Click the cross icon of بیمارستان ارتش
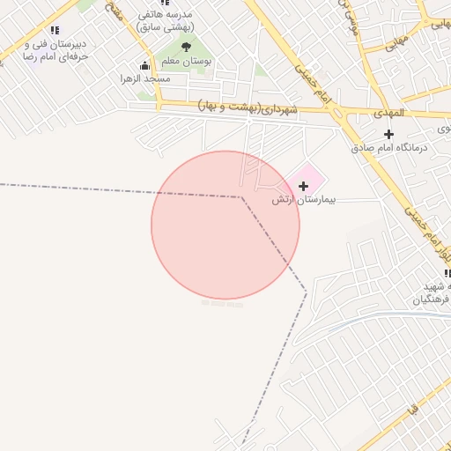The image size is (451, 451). point(304,186)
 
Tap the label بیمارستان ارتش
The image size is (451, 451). point(294,200)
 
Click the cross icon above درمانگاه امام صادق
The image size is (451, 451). point(388,134)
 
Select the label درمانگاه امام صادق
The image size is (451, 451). point(396,147)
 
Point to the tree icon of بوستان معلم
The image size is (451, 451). point(186,46)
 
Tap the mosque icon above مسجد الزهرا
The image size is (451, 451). point(144,65)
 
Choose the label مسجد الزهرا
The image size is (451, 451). point(146,78)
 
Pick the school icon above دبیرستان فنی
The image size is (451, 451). point(55,31)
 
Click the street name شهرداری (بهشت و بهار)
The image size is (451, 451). point(249,107)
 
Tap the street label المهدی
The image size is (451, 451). point(388,113)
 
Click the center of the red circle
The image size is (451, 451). point(225,225)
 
